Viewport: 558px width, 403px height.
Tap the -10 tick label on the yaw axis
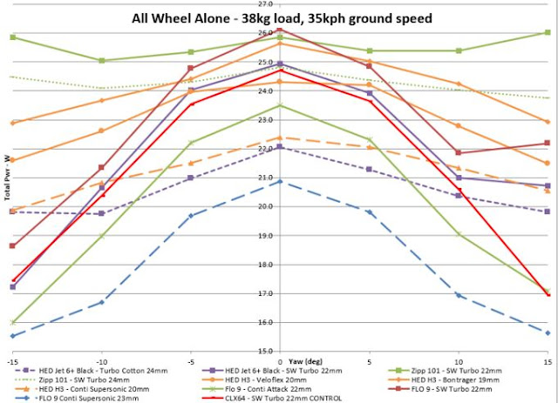102,360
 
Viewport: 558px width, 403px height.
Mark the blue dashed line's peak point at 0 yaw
280,181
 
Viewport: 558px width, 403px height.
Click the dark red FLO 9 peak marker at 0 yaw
280,30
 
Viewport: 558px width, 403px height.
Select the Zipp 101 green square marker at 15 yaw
547,33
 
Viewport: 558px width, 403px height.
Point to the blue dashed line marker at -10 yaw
102,302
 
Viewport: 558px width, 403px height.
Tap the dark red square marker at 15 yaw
547,143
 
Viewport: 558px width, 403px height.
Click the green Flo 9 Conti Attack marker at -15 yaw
13,322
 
